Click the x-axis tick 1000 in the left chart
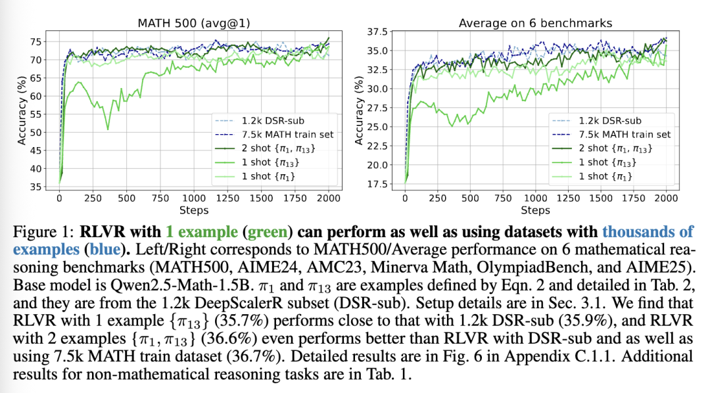point(193,198)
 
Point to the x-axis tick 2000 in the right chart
point(665,198)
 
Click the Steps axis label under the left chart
point(193,210)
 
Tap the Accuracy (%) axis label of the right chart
point(359,108)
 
